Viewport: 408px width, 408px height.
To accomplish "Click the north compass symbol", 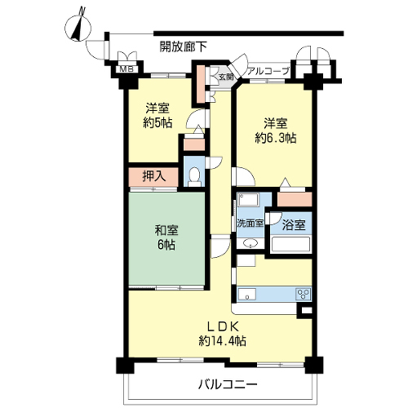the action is click(78, 26).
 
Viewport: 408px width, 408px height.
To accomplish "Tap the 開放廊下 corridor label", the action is click(183, 47).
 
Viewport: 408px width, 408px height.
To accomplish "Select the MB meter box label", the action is click(126, 69).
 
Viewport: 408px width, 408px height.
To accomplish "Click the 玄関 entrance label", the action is click(226, 77).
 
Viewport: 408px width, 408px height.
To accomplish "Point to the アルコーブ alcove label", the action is click(268, 72).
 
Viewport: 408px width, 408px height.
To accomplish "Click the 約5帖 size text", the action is click(157, 123).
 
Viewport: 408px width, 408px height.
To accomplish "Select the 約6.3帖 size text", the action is click(276, 139).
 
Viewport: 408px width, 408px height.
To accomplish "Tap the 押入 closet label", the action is click(154, 176).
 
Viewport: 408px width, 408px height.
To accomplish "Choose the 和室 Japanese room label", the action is click(166, 231).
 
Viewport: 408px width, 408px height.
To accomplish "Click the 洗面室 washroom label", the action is click(251, 224).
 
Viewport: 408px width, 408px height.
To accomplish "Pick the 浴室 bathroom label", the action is click(294, 225).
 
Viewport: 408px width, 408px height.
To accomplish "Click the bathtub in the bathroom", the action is click(291, 244).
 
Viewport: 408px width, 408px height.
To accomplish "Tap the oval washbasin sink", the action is click(250, 243).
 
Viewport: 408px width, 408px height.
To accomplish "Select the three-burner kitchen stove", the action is click(304, 294).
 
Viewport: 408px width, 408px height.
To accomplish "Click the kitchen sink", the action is click(247, 294).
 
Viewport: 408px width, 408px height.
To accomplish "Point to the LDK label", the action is click(223, 326).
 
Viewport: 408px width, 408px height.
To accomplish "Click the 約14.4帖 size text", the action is click(223, 341).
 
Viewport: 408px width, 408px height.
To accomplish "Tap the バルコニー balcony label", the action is click(228, 384).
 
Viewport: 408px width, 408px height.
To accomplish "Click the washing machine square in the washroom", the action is click(246, 260).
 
